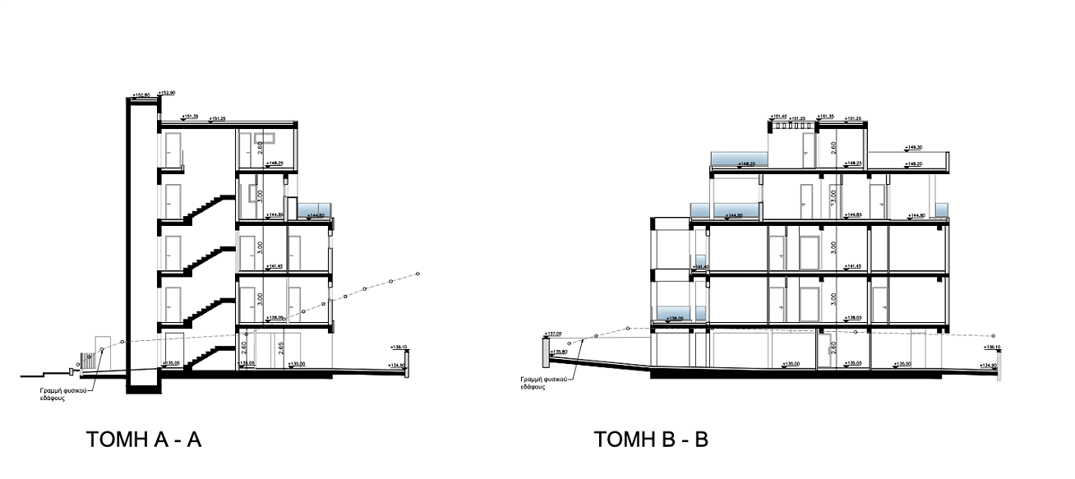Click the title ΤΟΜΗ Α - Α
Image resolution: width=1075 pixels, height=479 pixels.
(x=143, y=440)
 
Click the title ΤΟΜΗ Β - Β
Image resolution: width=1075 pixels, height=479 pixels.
(x=651, y=440)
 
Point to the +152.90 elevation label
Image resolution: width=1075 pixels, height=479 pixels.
(x=166, y=93)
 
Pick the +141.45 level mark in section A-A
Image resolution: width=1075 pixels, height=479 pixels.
(x=275, y=266)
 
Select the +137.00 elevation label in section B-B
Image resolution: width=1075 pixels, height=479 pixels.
(x=553, y=334)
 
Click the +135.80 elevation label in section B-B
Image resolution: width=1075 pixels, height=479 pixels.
(x=559, y=352)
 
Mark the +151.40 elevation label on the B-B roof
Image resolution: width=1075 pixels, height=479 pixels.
(x=778, y=117)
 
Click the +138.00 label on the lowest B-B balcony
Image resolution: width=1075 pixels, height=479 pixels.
(x=676, y=318)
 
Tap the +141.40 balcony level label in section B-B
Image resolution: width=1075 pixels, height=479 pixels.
(x=700, y=267)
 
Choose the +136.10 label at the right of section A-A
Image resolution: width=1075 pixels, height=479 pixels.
(x=400, y=347)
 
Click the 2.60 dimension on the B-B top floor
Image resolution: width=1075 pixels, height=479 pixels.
(x=833, y=148)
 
